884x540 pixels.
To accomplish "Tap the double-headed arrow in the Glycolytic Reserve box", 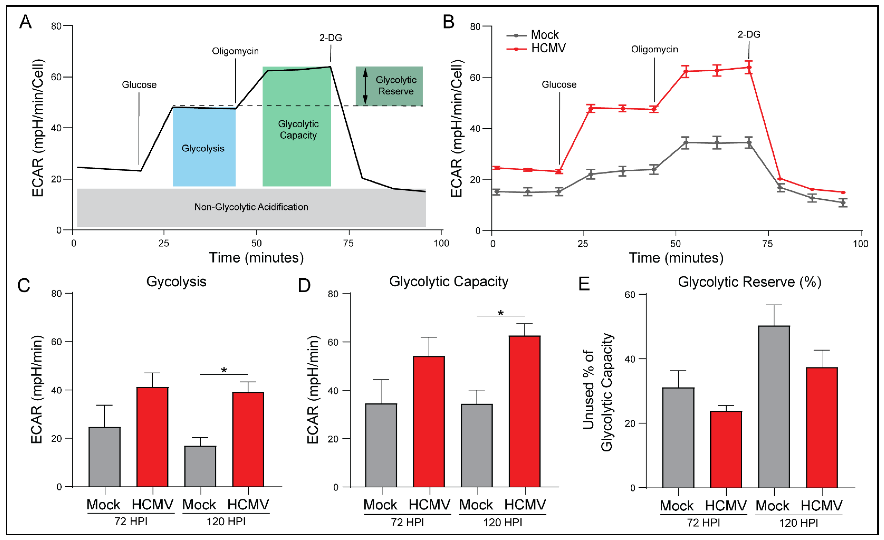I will (365, 86).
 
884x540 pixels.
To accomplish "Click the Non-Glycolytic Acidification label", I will (251, 207).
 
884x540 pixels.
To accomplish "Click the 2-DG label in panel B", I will (749, 34).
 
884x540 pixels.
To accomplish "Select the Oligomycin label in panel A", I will (235, 51).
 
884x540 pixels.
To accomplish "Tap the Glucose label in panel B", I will (559, 85).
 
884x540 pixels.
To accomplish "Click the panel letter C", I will (24, 286).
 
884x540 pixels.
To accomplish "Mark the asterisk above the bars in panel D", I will (501, 313).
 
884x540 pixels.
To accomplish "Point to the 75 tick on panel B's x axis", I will (767, 244).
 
